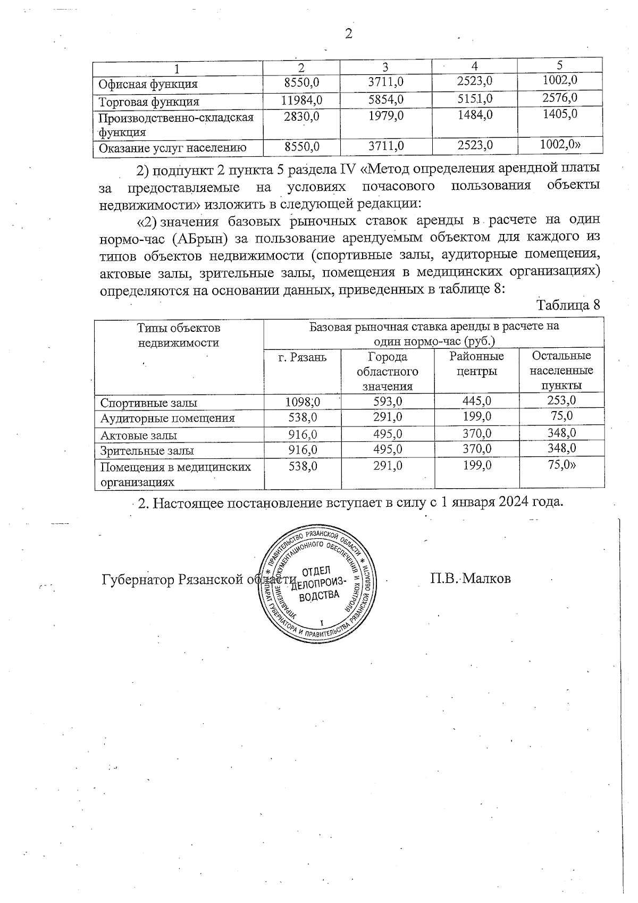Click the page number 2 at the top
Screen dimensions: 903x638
[x=348, y=35]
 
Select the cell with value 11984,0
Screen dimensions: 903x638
[x=301, y=100]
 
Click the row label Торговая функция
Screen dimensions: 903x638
[x=150, y=102]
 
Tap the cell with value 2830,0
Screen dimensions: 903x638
[x=301, y=116]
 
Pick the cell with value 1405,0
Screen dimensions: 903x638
[x=560, y=114]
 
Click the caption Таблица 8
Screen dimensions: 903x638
[x=568, y=305]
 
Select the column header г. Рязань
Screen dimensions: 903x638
[x=303, y=357]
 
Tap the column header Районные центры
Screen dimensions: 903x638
[x=476, y=363]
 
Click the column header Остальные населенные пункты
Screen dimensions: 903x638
[x=561, y=370]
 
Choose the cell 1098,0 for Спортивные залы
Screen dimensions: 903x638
[x=303, y=402]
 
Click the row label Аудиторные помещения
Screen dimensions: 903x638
[x=167, y=418]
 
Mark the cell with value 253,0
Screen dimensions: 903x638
[x=561, y=400]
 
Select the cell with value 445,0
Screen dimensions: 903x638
[x=476, y=401]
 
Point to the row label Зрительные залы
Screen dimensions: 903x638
[x=147, y=451]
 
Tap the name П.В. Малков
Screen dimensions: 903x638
[x=471, y=579]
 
